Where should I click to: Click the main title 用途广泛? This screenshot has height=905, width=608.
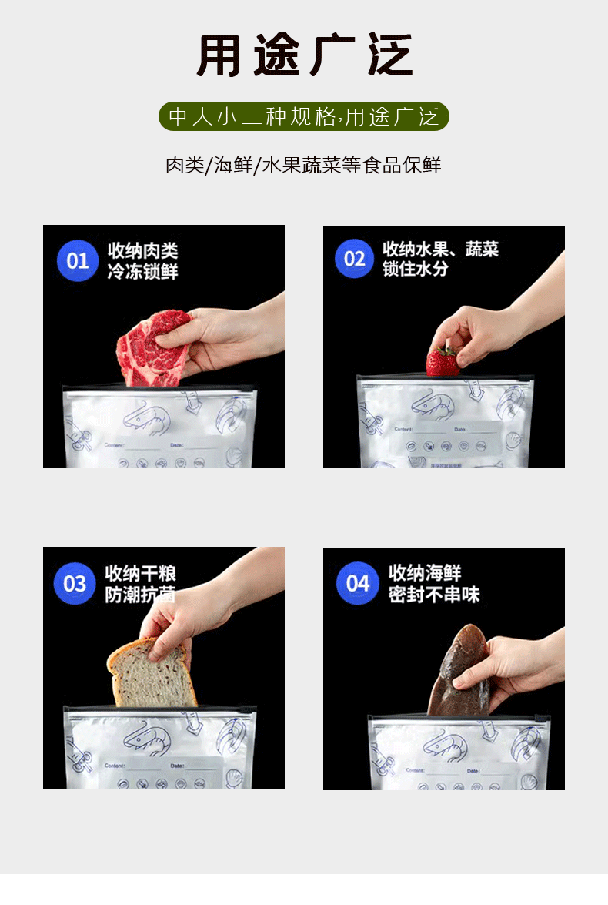point(304,55)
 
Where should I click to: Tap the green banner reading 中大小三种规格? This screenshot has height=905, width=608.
point(303,116)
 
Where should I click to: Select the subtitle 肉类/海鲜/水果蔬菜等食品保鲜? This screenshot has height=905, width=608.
point(303,165)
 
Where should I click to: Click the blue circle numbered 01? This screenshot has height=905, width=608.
point(77,260)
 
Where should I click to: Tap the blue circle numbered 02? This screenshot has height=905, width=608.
point(354,259)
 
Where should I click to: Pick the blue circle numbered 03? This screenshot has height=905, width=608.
point(75,583)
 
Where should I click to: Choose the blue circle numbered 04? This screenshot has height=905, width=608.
point(357,583)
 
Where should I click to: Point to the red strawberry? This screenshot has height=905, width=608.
point(442,361)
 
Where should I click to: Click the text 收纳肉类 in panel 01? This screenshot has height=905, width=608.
point(142,250)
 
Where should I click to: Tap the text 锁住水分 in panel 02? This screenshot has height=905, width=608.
point(415,269)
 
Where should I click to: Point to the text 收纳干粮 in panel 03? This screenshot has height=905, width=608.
point(140,574)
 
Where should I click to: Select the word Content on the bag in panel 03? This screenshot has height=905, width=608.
point(113,766)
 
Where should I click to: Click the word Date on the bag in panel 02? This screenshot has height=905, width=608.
point(459,429)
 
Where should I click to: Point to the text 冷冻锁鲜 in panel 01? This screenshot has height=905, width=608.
point(142,271)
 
